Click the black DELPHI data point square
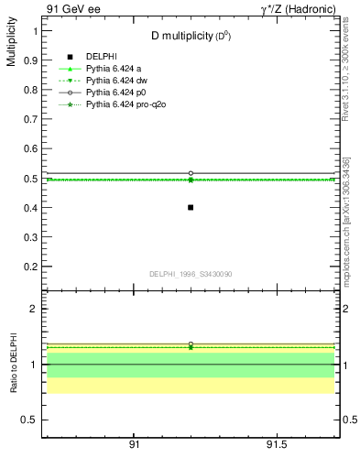point(191,207)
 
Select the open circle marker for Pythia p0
point(191,173)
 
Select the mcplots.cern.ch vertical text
point(346,220)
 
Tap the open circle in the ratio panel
point(191,344)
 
